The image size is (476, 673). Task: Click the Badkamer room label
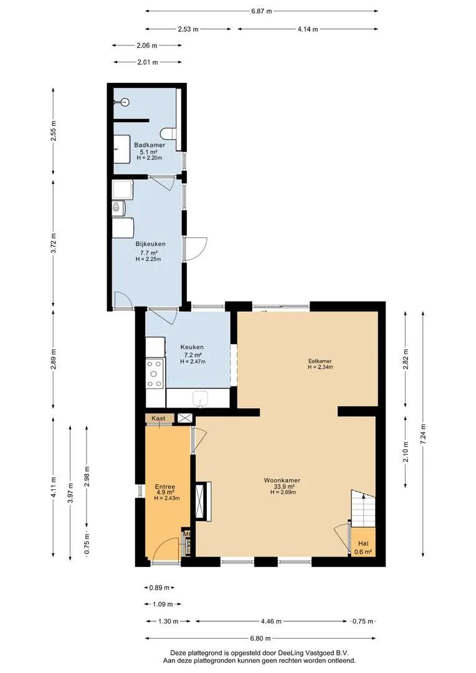coord(150,145)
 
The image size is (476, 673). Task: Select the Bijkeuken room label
coord(150,244)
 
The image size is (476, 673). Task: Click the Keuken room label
coord(192,347)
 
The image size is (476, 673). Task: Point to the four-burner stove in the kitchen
coord(155,373)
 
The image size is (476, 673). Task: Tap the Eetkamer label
coord(320,361)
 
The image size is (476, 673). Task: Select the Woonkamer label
coord(282,480)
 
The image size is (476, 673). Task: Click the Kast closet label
coord(158,418)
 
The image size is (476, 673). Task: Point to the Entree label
coord(165,487)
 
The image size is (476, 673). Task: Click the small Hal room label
coord(363,543)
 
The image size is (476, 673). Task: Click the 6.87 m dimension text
coord(262,11)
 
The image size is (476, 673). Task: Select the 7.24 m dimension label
coord(423,434)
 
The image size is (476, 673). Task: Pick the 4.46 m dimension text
coord(271,621)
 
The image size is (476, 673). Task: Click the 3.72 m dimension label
coord(54,244)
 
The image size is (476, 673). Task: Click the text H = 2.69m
coord(283,492)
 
